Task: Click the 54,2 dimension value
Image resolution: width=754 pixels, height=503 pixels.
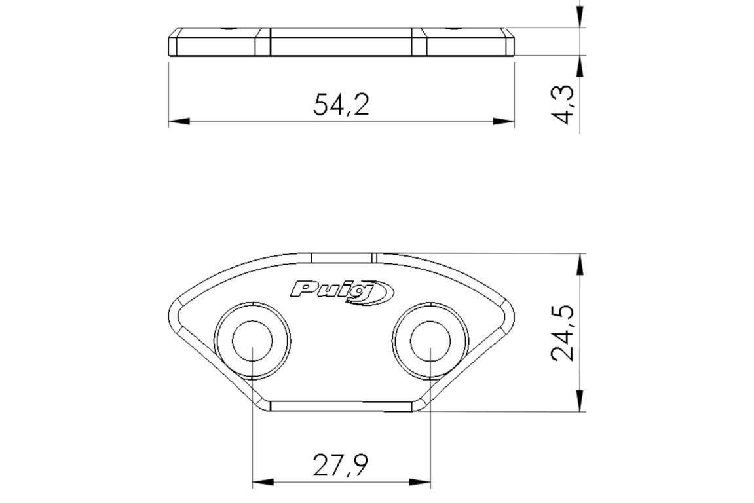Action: (x=341, y=105)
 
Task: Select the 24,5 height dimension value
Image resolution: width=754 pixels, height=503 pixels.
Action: (x=563, y=332)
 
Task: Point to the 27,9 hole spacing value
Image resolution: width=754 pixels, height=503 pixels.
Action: (x=341, y=465)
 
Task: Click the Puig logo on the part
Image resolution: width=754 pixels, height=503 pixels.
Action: (x=342, y=291)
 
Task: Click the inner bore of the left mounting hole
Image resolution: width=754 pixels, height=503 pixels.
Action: (x=252, y=341)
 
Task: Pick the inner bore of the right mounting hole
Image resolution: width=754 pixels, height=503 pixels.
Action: (x=430, y=341)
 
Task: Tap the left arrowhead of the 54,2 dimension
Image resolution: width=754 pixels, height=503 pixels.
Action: (x=178, y=121)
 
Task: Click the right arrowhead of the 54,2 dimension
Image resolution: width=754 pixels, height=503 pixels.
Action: (x=504, y=121)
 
